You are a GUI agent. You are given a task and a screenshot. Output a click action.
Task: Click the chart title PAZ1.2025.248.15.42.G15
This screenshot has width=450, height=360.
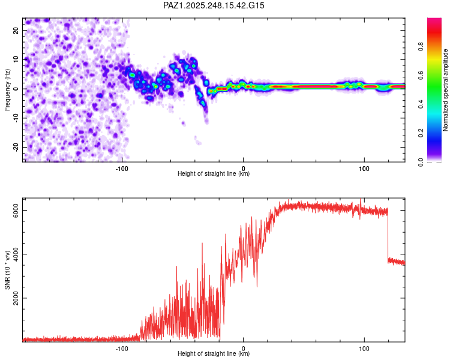point(214,5)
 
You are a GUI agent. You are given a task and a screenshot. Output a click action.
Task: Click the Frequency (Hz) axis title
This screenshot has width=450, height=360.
point(8,89)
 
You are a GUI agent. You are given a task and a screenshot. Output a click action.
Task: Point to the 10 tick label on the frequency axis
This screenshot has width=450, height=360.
point(17,59)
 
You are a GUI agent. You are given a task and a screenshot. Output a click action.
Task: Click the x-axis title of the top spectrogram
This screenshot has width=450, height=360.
point(214,173)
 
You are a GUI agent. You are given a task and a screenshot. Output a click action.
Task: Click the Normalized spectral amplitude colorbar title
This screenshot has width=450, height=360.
point(446,90)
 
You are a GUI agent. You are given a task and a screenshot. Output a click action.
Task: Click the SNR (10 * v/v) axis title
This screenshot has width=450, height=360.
point(8,270)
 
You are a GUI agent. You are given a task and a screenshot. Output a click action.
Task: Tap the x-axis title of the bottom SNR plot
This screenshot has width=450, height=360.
point(214,353)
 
